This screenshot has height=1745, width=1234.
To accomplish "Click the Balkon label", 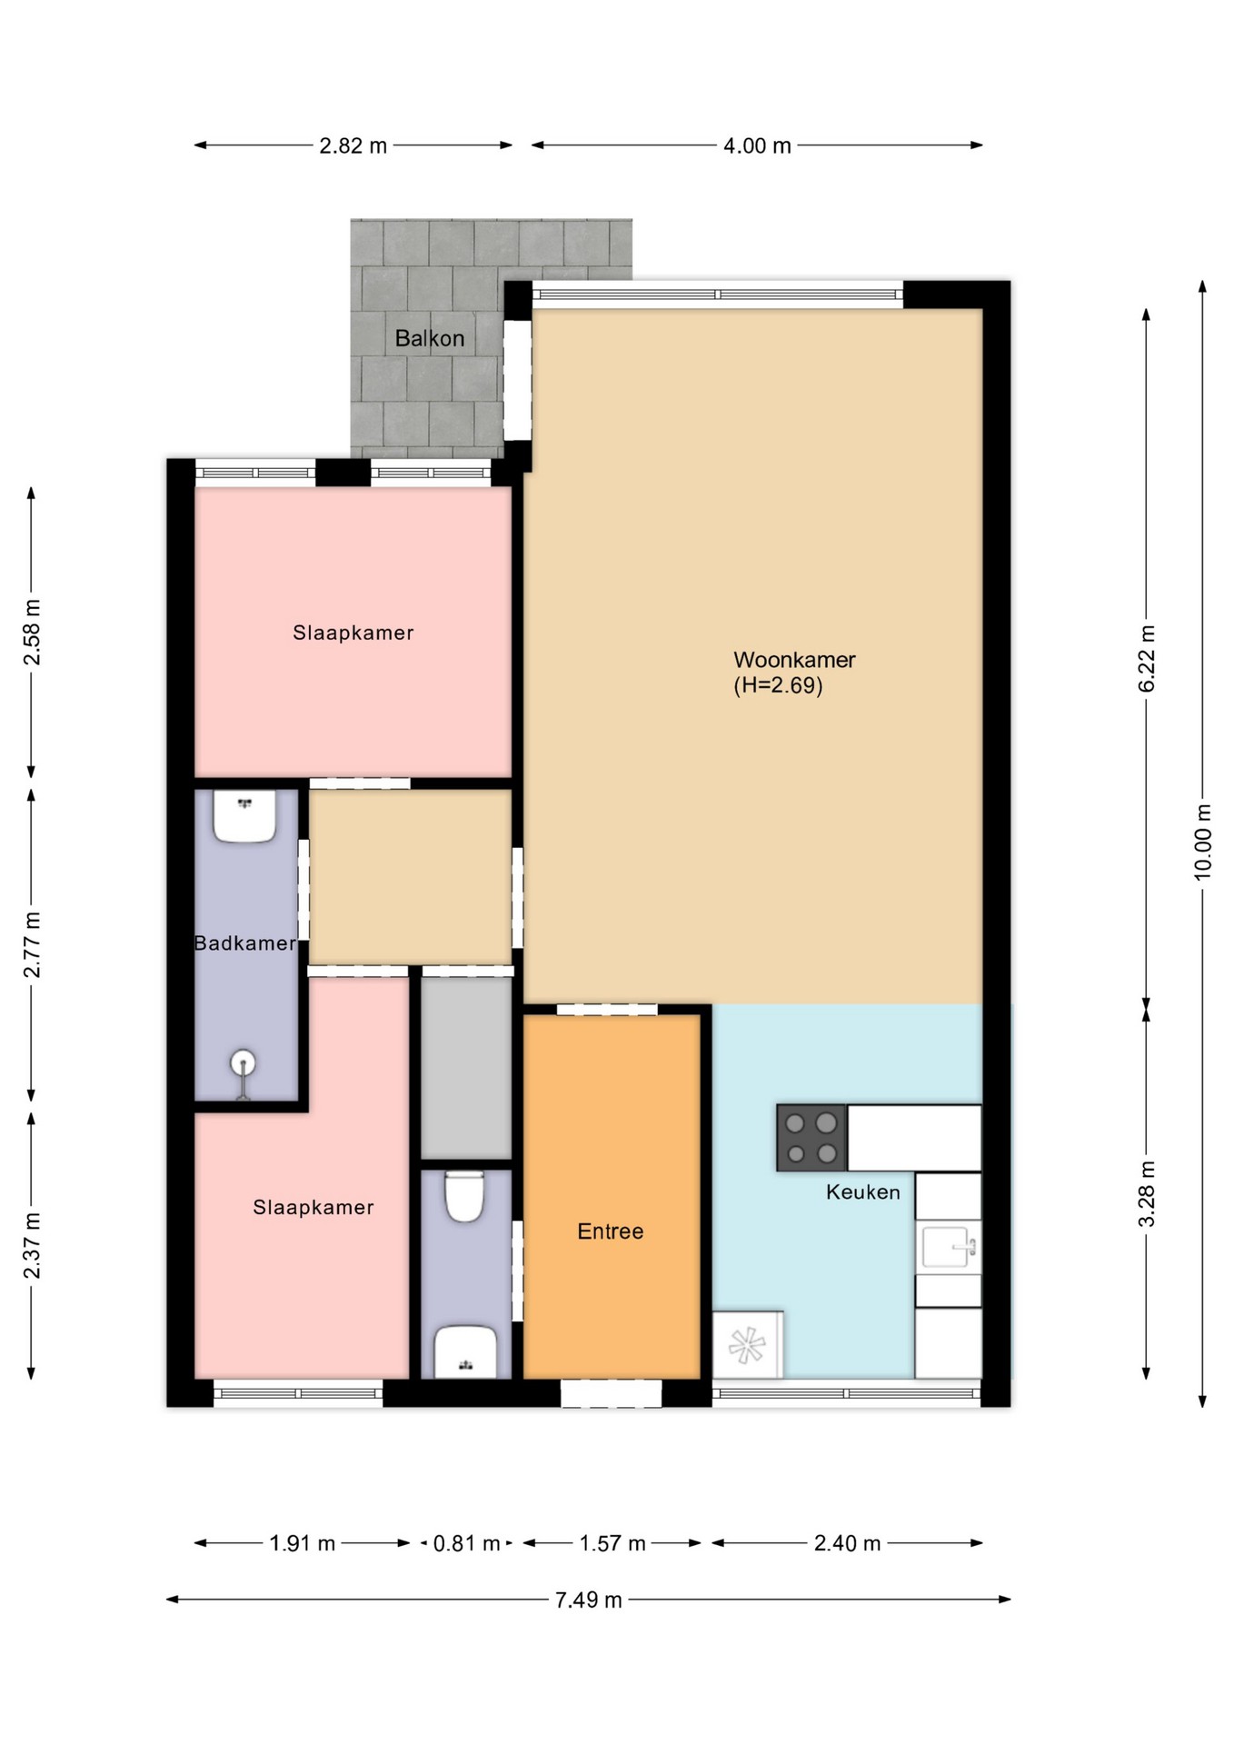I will coord(429,338).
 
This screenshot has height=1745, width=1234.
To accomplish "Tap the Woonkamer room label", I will coord(794,660).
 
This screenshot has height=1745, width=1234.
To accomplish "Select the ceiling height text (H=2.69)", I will coord(778,685).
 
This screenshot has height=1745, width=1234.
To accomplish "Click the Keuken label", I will coord(862,1192).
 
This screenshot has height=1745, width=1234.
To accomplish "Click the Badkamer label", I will coord(245,943).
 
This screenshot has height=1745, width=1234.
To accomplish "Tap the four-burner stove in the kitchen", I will coord(811,1138).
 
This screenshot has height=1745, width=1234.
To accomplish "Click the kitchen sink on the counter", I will coord(947,1246).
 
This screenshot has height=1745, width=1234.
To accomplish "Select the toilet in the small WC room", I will coord(464,1196).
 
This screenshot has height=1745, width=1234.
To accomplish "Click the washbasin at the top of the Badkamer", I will coord(244,815).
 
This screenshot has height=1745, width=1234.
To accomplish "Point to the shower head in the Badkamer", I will coord(243,1062).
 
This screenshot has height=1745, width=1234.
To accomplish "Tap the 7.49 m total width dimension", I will coord(588,1600).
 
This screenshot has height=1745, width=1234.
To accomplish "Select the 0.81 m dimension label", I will coord(466,1543).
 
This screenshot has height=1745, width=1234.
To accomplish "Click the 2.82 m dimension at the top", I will coord(353,145).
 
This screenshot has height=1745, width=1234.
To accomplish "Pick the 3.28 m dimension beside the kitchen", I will coord(1147,1193).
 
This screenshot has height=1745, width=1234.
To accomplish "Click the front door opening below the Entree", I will coord(611,1392).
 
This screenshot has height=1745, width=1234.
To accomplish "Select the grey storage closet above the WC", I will coord(466,1068).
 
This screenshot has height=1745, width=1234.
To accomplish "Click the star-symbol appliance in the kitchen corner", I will coord(747,1345).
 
